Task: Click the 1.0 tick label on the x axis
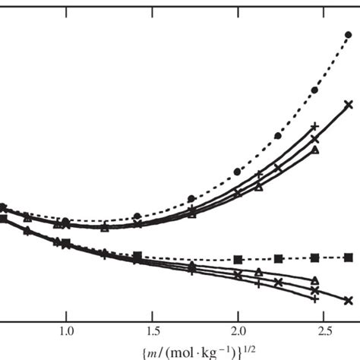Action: [x=66, y=331]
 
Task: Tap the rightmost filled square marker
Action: [x=349, y=257]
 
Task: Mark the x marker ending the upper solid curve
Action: [x=349, y=105]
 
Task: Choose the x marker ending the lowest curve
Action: [x=349, y=301]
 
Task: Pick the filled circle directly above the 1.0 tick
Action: [x=66, y=221]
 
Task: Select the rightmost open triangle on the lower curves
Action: [x=315, y=280]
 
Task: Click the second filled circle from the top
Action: [x=314, y=90]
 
